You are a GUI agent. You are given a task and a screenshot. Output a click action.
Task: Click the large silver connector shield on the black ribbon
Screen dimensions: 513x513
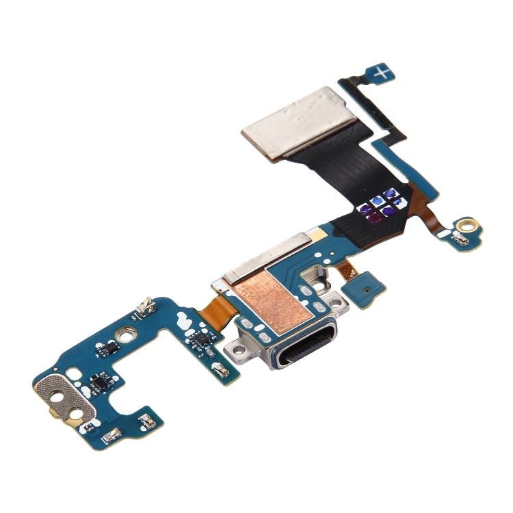tap(299, 122)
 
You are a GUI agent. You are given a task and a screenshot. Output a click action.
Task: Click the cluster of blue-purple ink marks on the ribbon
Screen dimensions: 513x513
tap(380, 207)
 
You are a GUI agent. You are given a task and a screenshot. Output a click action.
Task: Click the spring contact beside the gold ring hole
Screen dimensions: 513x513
tap(460, 239)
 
